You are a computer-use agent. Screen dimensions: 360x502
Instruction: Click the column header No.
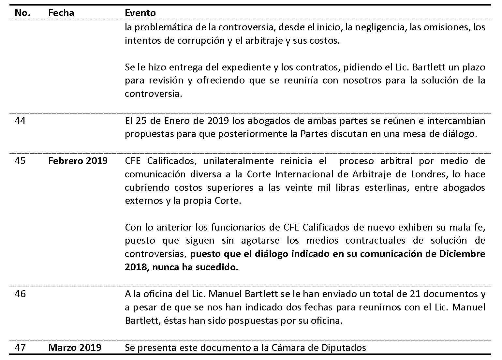[x=22, y=13]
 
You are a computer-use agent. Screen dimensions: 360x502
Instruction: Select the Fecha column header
[x=61, y=13]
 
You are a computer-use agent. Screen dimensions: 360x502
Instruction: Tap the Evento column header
[x=140, y=13]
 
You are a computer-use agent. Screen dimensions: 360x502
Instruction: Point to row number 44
[x=20, y=121]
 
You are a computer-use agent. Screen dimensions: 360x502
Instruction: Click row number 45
[x=20, y=161]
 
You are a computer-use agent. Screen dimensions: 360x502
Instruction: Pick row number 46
[x=20, y=294]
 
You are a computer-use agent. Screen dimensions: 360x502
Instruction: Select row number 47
[x=20, y=348]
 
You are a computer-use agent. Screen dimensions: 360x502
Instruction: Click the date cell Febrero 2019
[x=78, y=161]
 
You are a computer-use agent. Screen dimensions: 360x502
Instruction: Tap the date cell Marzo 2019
[x=75, y=348]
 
